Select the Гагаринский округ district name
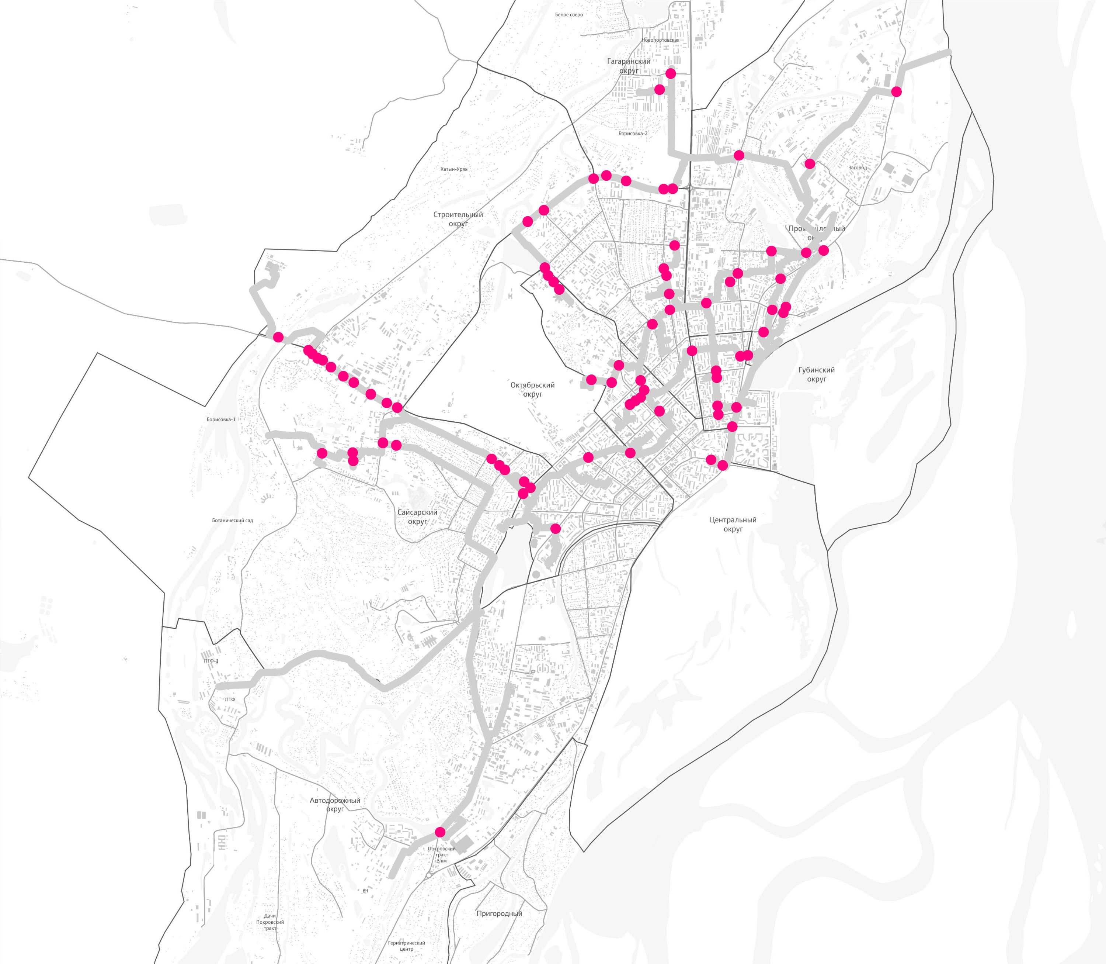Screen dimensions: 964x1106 click(x=629, y=66)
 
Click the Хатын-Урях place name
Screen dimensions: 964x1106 click(x=454, y=169)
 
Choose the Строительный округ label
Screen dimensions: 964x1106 click(x=458, y=219)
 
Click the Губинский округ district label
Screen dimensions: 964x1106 click(x=816, y=374)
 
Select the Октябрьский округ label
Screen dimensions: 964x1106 click(x=532, y=390)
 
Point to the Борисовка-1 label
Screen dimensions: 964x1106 click(x=220, y=419)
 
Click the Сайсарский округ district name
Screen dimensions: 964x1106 click(x=417, y=517)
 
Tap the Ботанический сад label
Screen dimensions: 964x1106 click(x=232, y=521)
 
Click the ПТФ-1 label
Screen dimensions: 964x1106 click(x=211, y=661)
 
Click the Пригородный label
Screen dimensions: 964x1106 click(x=499, y=913)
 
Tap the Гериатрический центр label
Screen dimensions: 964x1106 click(x=407, y=946)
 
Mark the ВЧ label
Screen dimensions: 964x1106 click(x=365, y=891)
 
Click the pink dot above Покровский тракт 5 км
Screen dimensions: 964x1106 click(x=440, y=832)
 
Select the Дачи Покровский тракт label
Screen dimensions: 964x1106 click(x=270, y=922)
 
